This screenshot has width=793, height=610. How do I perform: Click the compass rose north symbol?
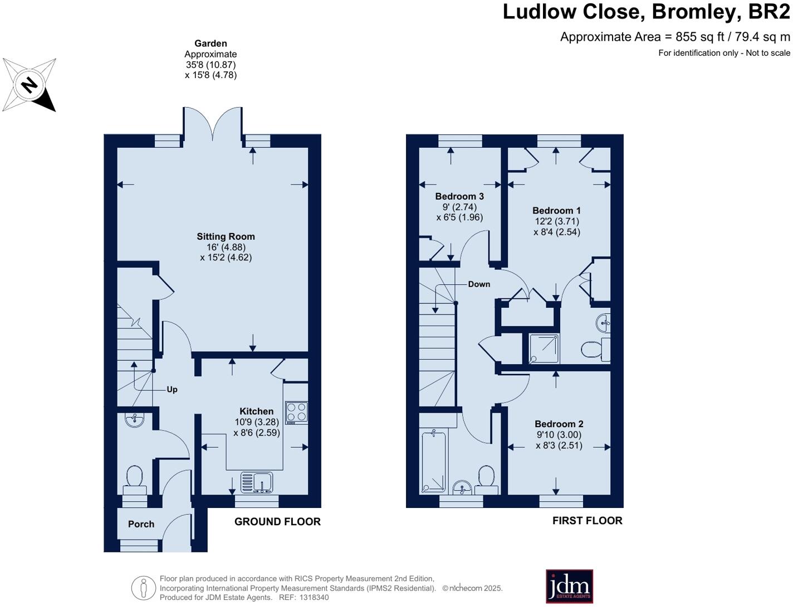click(x=29, y=85)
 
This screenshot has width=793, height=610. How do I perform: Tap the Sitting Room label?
click(x=226, y=236)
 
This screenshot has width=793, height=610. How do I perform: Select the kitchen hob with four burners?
click(x=296, y=412)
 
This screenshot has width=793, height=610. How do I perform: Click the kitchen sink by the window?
click(x=257, y=482)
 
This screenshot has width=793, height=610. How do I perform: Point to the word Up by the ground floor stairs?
click(x=172, y=389)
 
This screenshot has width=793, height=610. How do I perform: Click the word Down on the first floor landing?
click(x=479, y=284)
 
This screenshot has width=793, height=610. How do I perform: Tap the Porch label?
click(x=141, y=524)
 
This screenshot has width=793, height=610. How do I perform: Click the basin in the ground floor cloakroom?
click(x=134, y=419)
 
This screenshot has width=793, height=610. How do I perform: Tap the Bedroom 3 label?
click(x=459, y=196)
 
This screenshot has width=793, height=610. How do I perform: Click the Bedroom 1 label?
click(x=556, y=210)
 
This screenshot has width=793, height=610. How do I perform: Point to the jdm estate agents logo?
click(x=569, y=586)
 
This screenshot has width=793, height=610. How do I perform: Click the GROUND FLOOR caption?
click(x=277, y=521)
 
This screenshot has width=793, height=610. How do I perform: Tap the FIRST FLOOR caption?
click(x=587, y=520)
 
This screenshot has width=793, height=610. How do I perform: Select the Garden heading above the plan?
click(x=211, y=43)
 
